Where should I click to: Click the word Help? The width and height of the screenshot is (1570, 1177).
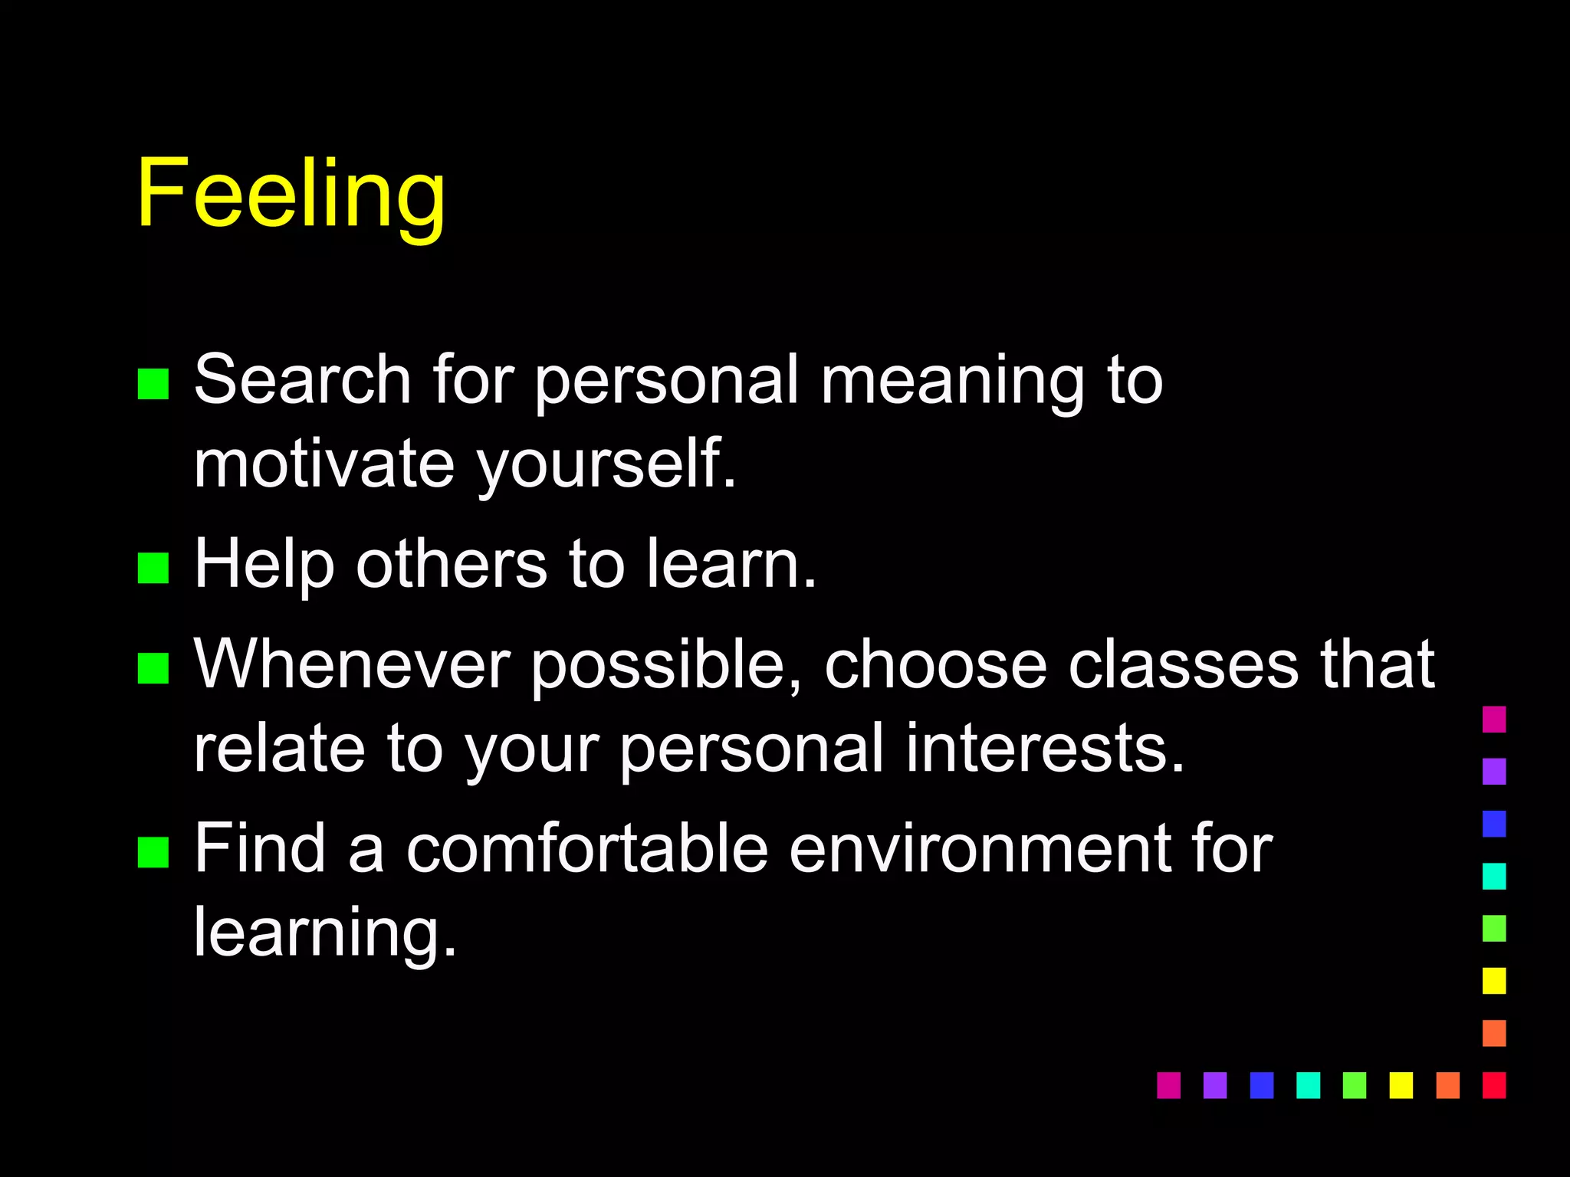(264, 566)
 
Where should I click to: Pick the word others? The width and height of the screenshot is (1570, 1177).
(452, 564)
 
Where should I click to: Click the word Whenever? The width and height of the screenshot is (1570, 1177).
(352, 664)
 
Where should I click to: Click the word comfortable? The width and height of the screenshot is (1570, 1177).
(587, 848)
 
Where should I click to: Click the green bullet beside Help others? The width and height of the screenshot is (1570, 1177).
(153, 568)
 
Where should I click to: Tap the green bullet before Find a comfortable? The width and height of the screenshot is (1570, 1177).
(153, 852)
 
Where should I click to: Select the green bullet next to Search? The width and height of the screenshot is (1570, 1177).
(153, 384)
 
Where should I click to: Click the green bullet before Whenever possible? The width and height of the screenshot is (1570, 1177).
(153, 667)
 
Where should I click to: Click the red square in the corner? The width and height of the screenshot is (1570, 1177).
(1494, 1085)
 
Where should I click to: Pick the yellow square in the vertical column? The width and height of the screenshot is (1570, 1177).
(1494, 981)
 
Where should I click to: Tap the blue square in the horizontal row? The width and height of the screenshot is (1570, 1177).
(1261, 1085)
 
